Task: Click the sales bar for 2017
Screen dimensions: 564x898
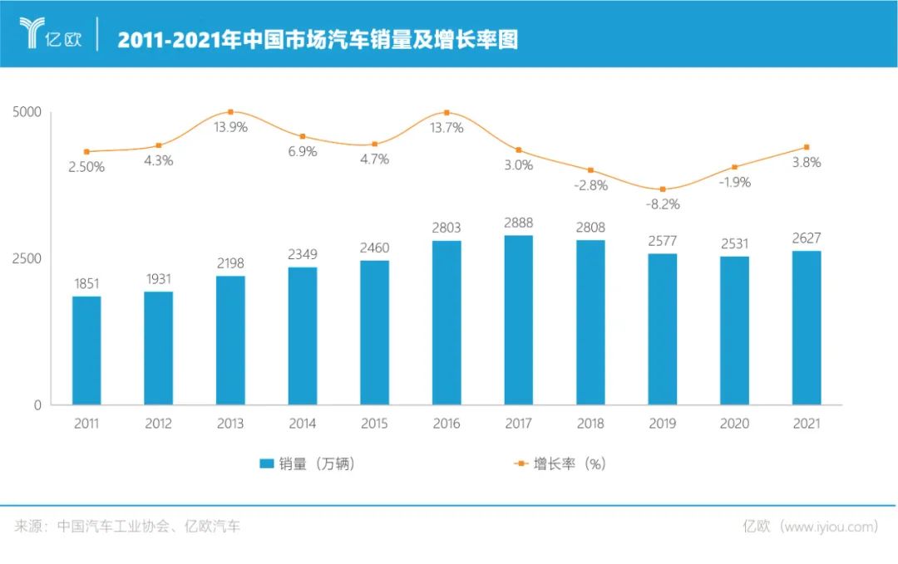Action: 518,320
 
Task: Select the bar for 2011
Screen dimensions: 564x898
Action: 86,351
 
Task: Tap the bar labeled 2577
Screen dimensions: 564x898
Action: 663,329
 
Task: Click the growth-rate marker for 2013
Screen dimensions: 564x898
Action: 230,111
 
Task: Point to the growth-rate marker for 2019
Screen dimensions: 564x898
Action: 663,189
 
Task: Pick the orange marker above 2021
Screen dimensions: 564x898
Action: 807,147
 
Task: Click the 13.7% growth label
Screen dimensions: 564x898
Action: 447,128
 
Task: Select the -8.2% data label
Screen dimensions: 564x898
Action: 663,204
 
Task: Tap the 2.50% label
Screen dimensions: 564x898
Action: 86,166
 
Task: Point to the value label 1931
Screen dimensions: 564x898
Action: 158,278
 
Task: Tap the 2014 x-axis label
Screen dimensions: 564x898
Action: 303,424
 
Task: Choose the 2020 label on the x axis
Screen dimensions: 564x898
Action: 735,424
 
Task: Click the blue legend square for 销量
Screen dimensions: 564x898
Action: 265,463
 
